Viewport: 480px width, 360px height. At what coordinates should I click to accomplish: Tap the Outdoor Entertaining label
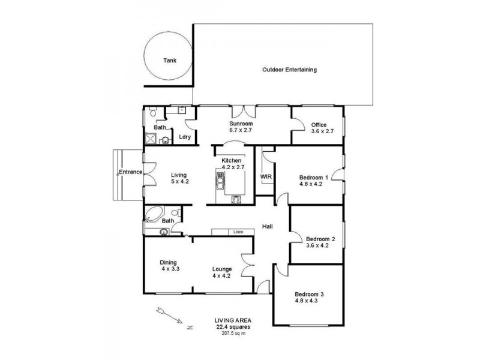point(289,70)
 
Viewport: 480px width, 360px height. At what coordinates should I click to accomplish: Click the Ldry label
point(185,137)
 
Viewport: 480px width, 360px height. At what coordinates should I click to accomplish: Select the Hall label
point(268,226)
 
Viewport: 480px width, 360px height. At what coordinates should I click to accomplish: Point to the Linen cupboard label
point(239,232)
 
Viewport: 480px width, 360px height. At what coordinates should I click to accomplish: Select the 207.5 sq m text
point(233,333)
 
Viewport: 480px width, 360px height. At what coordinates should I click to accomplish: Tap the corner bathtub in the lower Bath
point(153,214)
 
